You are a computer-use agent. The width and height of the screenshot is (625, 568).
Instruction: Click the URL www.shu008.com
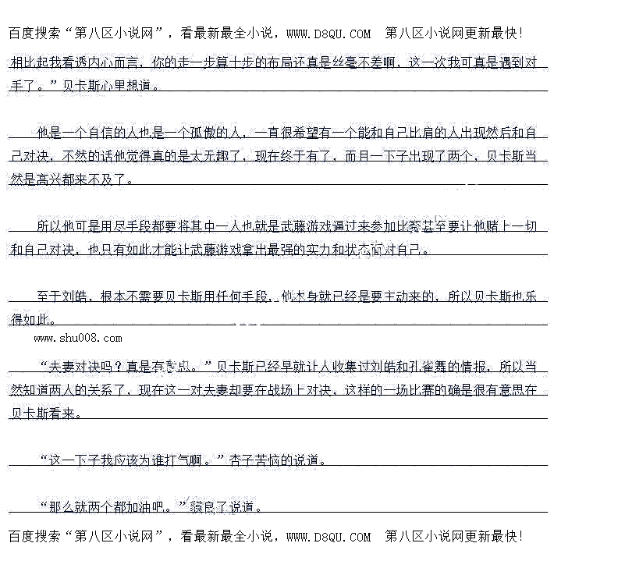point(78,338)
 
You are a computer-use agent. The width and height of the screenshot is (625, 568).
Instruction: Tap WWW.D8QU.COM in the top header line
point(328,34)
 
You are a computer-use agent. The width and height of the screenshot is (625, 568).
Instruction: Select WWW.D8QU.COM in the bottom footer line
point(328,537)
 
